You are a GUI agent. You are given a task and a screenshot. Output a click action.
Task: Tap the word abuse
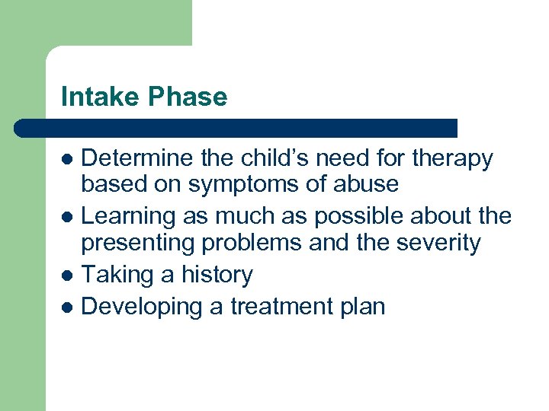coord(365,184)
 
